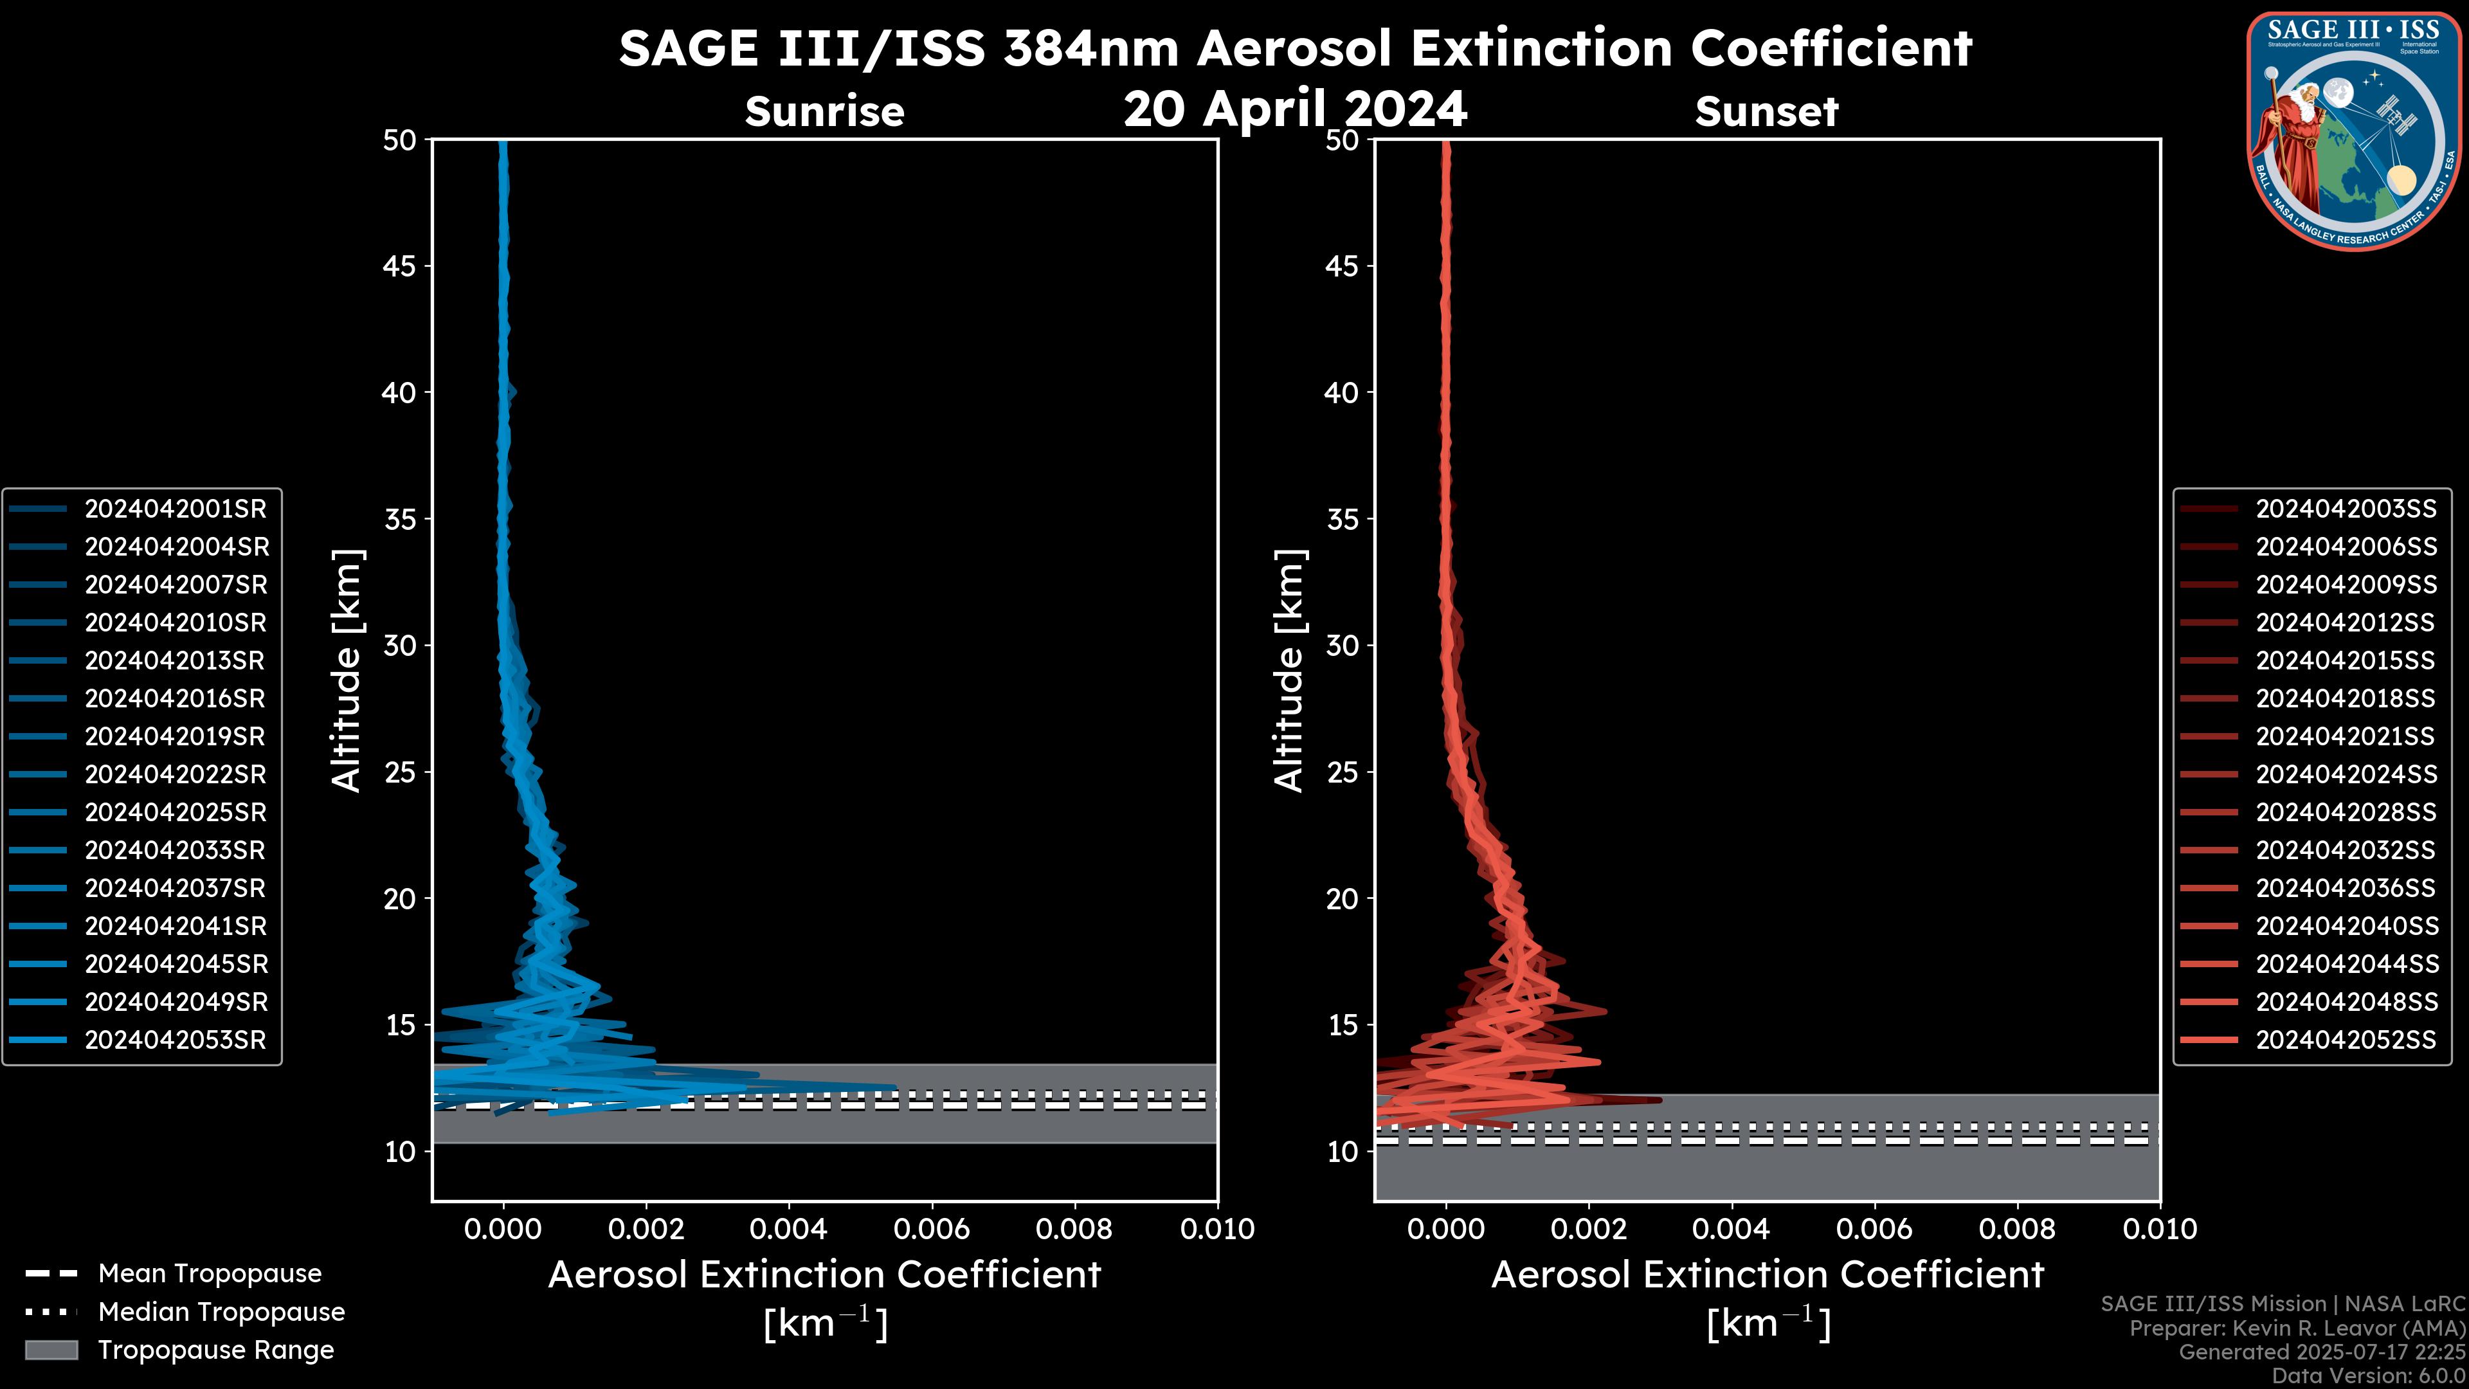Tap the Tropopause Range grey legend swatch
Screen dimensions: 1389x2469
pyautogui.click(x=51, y=1350)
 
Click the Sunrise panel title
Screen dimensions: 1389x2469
pyautogui.click(x=824, y=111)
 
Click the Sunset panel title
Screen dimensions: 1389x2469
pyautogui.click(x=1766, y=111)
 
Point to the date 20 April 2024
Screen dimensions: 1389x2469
pyautogui.click(x=1295, y=108)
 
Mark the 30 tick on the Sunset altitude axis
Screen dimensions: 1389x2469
pyautogui.click(x=1343, y=645)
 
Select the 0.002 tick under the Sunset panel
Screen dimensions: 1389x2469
pyautogui.click(x=1588, y=1229)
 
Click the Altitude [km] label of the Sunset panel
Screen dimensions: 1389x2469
pyautogui.click(x=1289, y=670)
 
